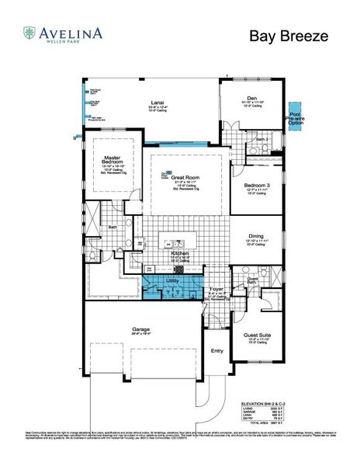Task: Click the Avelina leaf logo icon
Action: pos(29,32)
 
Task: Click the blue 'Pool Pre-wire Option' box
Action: pos(296,113)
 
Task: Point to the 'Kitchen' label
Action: pos(181,252)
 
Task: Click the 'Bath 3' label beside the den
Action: pos(261,140)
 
